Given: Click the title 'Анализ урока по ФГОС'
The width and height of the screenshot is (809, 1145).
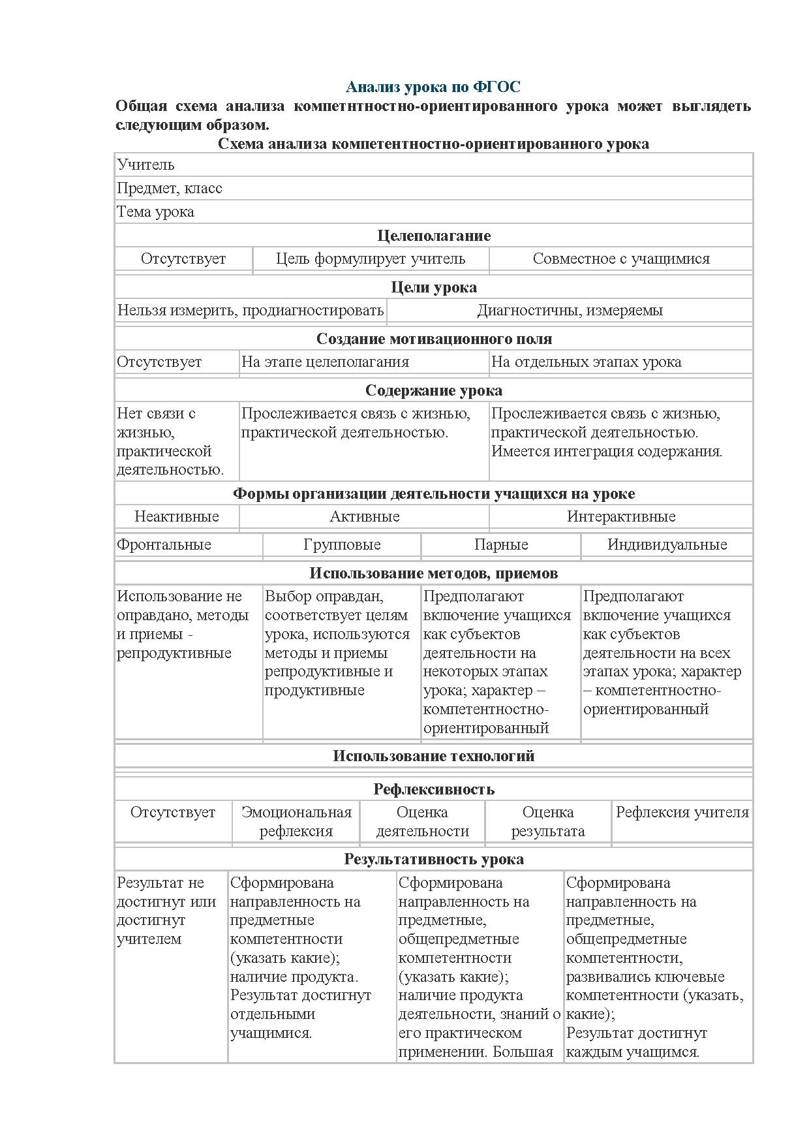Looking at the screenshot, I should click(x=433, y=87).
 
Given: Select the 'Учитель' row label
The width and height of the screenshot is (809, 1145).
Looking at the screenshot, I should click(x=146, y=165).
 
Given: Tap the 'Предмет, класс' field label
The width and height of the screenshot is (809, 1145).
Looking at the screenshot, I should click(x=170, y=189).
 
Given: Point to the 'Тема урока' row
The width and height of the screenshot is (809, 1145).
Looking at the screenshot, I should click(x=155, y=212).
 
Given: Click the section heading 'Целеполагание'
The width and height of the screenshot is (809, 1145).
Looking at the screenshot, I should click(x=434, y=236).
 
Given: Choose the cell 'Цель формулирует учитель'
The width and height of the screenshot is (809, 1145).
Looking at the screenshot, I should click(x=371, y=259).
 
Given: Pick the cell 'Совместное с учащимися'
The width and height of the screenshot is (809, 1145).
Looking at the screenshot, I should click(x=620, y=259).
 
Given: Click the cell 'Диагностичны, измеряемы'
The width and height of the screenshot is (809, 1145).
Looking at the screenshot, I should click(x=570, y=311).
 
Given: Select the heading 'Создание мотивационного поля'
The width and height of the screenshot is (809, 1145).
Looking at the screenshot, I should click(x=434, y=339).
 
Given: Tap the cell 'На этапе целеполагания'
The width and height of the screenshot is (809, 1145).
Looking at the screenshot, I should click(x=325, y=362).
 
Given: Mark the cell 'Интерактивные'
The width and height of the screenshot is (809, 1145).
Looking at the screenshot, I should click(x=620, y=517).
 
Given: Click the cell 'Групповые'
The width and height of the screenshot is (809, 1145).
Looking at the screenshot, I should click(x=342, y=545).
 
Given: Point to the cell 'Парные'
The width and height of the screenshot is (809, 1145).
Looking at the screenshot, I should click(x=501, y=545).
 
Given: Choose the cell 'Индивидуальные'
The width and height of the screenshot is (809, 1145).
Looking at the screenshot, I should click(x=667, y=545).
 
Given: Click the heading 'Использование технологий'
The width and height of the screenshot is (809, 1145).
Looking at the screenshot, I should click(x=434, y=756).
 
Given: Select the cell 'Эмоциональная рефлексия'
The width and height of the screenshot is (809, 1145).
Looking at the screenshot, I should click(x=296, y=822).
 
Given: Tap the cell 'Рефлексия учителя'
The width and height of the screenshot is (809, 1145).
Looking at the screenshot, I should click(x=682, y=813).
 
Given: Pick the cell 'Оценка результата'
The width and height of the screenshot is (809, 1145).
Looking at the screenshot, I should click(x=548, y=822).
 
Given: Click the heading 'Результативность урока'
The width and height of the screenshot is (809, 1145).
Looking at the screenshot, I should click(x=434, y=859).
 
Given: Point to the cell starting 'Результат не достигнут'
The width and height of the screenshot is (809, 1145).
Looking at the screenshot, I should click(x=166, y=911).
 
